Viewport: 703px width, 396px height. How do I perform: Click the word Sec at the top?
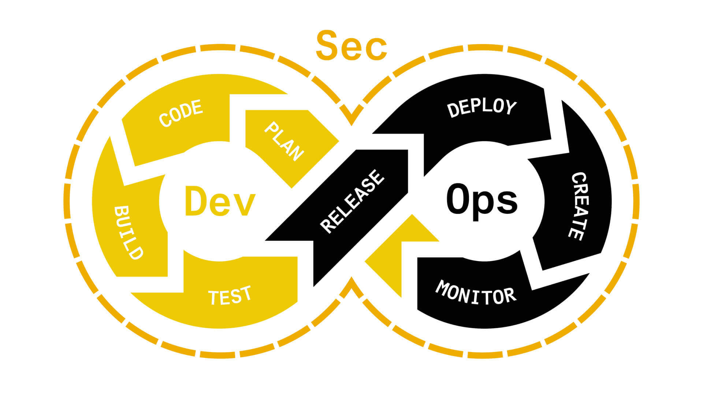coord(351,47)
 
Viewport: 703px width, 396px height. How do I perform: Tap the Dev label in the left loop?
coord(220,201)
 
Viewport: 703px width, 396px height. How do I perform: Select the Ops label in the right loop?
coord(482,201)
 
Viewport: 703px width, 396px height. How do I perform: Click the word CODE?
coord(181,113)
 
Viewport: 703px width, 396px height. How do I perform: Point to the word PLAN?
coord(284,142)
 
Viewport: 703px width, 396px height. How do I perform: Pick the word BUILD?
coord(128,233)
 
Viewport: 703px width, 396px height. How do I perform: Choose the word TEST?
coord(230,295)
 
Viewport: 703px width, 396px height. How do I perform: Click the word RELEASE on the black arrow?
coord(352,201)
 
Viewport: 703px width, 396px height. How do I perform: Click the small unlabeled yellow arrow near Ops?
coord(401,253)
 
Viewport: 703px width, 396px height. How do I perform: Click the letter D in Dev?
coord(197,201)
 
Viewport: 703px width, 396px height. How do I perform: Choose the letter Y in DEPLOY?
coord(510,108)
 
